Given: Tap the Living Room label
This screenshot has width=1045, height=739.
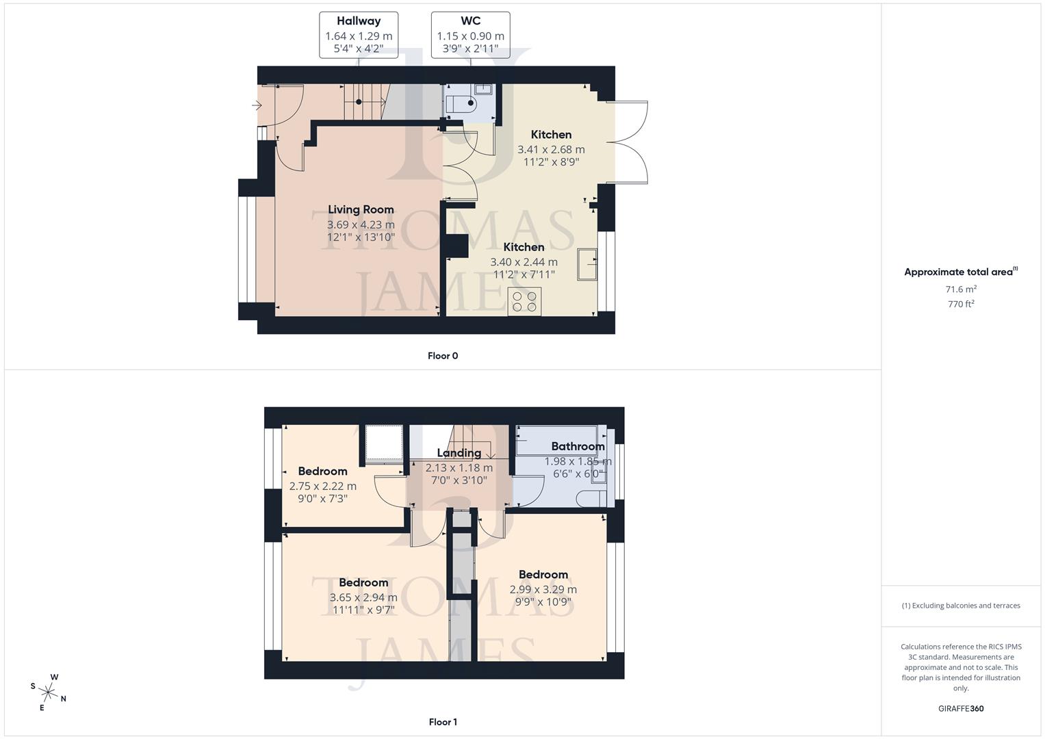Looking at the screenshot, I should click(361, 210).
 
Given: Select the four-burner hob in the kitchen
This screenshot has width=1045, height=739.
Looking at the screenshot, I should click(524, 301).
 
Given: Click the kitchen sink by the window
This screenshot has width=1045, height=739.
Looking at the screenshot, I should click(587, 263).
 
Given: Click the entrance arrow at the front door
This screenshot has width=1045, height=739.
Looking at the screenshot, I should click(257, 105).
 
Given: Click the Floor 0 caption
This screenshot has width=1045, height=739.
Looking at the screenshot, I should click(443, 356).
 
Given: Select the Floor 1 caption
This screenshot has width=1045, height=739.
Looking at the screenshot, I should click(443, 722).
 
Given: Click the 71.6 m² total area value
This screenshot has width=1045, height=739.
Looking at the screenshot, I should click(961, 289).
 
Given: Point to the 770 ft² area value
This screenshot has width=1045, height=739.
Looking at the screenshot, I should click(961, 304).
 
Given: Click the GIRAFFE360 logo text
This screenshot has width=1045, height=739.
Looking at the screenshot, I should click(961, 708).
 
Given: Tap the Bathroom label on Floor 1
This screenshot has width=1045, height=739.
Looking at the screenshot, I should click(578, 447).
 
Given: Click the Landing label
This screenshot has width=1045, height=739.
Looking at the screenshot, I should click(459, 453).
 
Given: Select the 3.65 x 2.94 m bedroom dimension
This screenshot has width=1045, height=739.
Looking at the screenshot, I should click(363, 597).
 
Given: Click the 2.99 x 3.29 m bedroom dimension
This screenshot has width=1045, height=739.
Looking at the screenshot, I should click(543, 589).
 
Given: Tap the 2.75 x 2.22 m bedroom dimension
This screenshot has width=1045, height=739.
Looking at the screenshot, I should click(322, 487).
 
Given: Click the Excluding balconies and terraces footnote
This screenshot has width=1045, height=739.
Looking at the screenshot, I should click(961, 606).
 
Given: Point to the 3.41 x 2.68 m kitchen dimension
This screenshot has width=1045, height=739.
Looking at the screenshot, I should click(551, 149).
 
